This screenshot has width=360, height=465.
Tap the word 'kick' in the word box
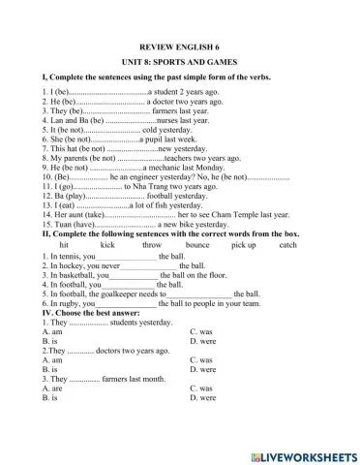[106, 246]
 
